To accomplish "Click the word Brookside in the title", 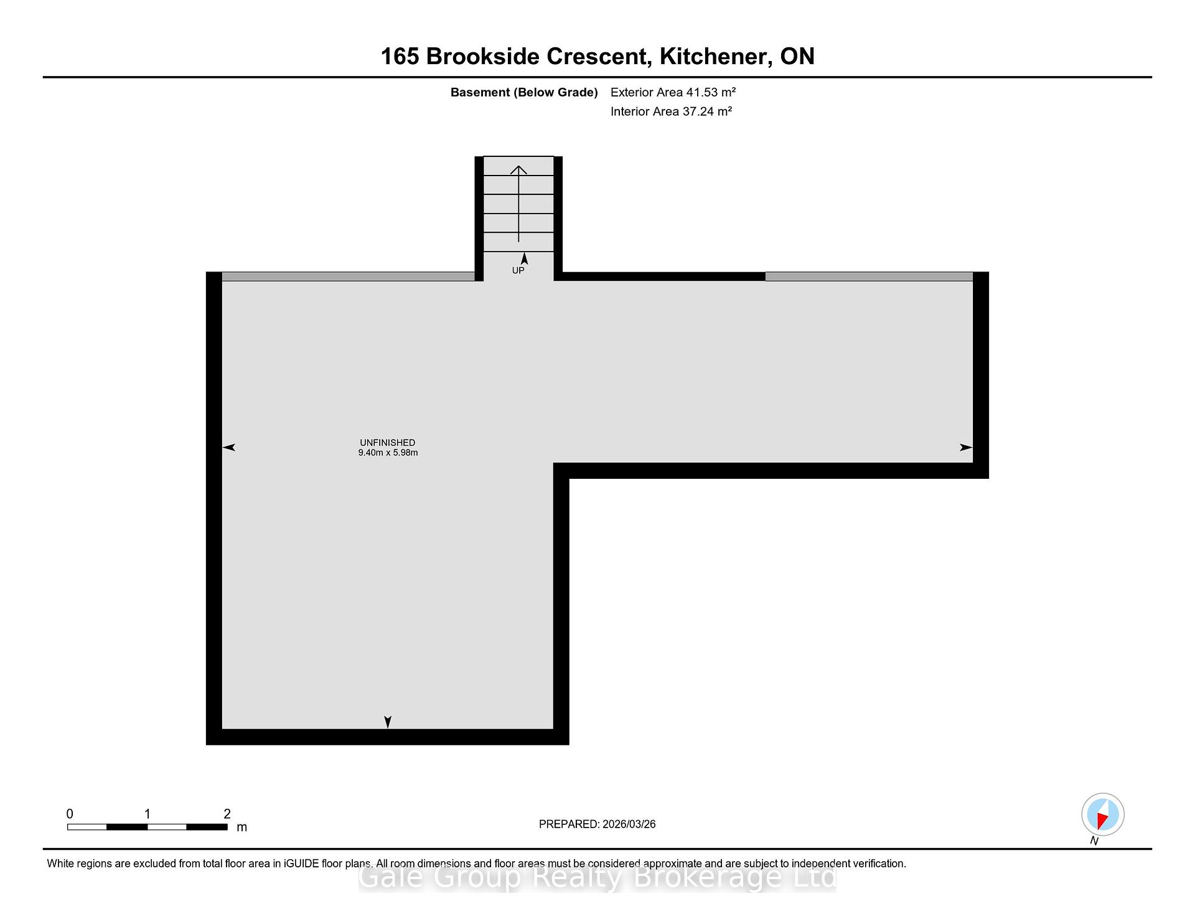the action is tap(483, 57).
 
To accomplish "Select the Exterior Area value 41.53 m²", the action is tap(711, 92).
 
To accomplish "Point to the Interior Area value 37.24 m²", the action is tap(707, 111).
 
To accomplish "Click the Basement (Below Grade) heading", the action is tap(524, 93).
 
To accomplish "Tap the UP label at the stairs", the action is tap(518, 270).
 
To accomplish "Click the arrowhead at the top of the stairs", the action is tap(518, 169).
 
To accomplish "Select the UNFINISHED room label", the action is tap(387, 443).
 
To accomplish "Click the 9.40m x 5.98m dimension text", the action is tap(388, 453).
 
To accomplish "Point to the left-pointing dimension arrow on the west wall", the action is tap(228, 447).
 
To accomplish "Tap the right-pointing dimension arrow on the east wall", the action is tap(966, 447).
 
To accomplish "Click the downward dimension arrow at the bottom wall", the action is tap(388, 722).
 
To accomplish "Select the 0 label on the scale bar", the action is tap(70, 814).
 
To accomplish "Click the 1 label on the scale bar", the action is tap(148, 814).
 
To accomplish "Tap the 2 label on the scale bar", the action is tap(227, 814).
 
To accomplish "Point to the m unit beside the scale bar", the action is tap(242, 827).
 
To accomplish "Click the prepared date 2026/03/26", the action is tap(629, 824).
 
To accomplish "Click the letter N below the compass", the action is tap(1094, 841).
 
